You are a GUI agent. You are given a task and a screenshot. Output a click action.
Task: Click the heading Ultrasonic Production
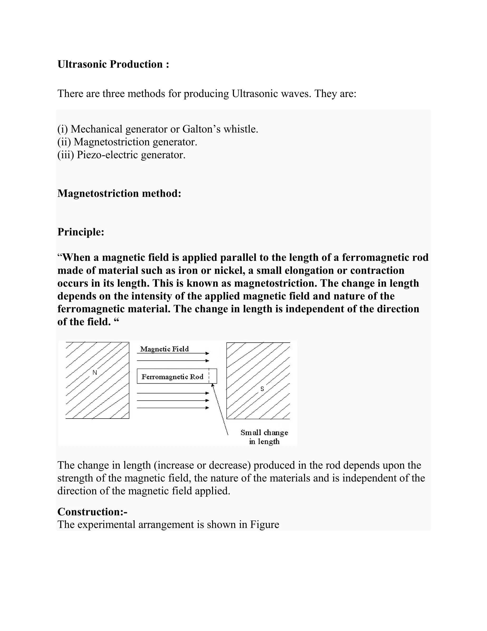pyautogui.click(x=113, y=64)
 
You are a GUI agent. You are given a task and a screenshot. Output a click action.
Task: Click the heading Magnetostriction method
pyautogui.click(x=119, y=193)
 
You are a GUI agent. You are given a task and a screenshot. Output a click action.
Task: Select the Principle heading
pyautogui.click(x=81, y=232)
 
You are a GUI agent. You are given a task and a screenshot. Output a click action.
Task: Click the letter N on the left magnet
pyautogui.click(x=95, y=373)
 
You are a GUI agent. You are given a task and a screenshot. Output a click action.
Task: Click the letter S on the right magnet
pyautogui.click(x=262, y=389)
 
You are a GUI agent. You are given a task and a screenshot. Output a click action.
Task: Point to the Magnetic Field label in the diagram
pyautogui.click(x=165, y=349)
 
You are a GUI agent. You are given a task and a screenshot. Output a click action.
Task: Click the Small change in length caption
pyautogui.click(x=264, y=437)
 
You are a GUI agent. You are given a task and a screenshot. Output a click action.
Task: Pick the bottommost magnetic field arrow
pyautogui.click(x=173, y=408)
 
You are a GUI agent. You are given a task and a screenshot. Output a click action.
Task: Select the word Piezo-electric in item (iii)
pyautogui.click(x=107, y=155)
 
